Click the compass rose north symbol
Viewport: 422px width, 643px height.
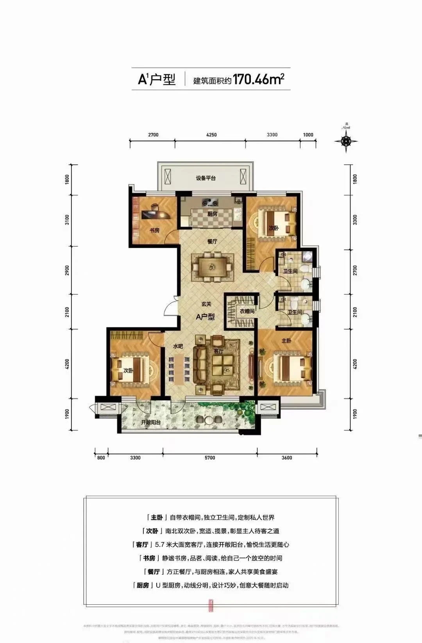[x=346, y=140]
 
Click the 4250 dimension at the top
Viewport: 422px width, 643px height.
[x=211, y=135]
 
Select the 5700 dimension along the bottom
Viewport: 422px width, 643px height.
[x=209, y=458]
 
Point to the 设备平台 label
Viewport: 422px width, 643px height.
[x=206, y=178]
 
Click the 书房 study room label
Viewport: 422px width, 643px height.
[x=154, y=230]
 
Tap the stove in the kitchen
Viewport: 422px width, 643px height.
[x=211, y=203]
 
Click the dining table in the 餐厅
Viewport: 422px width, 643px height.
[x=212, y=266]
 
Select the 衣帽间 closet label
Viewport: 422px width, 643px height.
[x=247, y=311]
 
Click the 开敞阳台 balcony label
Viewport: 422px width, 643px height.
[x=150, y=423]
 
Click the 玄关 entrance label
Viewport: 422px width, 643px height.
[x=206, y=304]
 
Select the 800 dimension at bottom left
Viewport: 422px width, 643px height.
[x=101, y=458]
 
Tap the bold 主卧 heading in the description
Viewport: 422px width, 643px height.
[x=157, y=517]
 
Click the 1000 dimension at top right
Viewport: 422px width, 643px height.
[x=308, y=135]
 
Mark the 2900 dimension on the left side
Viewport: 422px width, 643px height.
[x=67, y=270]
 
